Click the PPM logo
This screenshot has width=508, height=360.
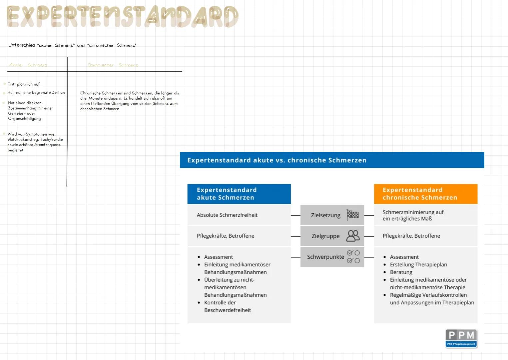461,338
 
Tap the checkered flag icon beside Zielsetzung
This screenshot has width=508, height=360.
352,215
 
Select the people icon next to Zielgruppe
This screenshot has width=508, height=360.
353,236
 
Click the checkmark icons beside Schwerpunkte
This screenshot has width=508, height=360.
353,257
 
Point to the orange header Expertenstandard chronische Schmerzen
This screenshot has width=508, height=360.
425,194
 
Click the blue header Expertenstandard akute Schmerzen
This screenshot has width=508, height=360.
239,194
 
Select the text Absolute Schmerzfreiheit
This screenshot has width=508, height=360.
227,215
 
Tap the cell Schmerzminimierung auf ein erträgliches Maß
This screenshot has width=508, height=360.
413,215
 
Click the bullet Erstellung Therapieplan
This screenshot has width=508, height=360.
418,264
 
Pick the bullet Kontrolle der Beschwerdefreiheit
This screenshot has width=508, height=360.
227,306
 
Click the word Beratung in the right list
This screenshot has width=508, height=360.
401,272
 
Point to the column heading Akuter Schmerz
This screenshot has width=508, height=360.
28,65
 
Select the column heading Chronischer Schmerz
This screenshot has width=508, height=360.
113,65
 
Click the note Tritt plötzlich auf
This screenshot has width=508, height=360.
24,84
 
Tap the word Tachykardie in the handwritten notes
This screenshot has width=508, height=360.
51,140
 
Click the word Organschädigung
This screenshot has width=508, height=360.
24,119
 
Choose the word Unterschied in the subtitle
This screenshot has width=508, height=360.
22,45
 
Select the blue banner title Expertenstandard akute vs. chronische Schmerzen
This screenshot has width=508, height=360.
276,160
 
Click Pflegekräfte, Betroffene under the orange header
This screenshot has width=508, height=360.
411,236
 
